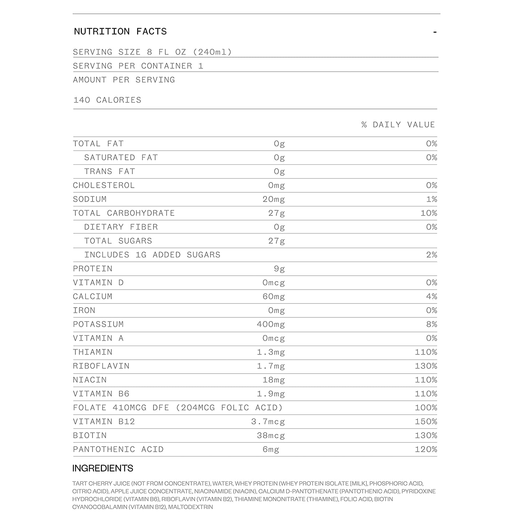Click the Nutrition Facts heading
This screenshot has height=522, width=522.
tap(120, 32)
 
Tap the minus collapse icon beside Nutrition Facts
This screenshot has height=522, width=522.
tap(435, 32)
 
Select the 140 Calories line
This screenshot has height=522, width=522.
tap(107, 100)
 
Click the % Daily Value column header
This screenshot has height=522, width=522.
tap(398, 125)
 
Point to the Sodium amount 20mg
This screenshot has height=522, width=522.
tap(274, 199)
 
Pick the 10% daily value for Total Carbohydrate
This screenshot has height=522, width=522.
tap(428, 213)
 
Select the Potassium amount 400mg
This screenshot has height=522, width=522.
tap(271, 324)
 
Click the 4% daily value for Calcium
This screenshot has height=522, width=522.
tap(431, 296)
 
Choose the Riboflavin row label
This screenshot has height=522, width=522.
tap(101, 366)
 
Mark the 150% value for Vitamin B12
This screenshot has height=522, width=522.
tap(426, 422)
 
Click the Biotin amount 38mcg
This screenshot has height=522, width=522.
tap(271, 436)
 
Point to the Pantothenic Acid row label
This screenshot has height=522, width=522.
tap(118, 450)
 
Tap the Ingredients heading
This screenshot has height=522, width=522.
tap(103, 468)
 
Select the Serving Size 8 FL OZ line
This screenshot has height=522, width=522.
tap(152, 52)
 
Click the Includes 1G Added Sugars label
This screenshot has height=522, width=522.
tap(152, 255)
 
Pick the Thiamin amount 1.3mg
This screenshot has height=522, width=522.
tap(271, 352)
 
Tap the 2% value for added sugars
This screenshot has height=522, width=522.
tap(431, 255)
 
